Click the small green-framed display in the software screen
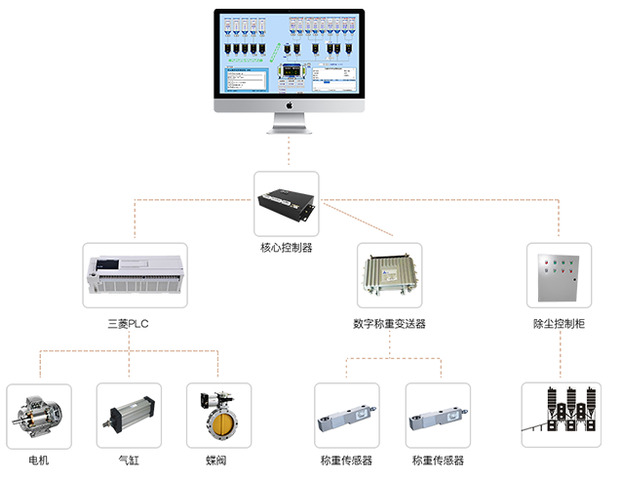click(289, 73)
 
